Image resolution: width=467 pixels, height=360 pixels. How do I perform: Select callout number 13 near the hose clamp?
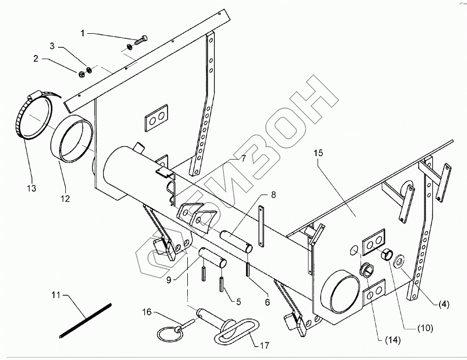(32, 188)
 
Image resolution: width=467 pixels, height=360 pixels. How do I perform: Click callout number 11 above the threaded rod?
(56, 295)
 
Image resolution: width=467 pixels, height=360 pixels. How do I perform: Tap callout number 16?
(147, 312)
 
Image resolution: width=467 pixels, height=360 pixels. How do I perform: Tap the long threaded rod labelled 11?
(85, 321)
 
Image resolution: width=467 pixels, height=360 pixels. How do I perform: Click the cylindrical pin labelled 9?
(212, 256)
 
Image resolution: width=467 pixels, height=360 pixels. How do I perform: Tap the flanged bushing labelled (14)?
(367, 270)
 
